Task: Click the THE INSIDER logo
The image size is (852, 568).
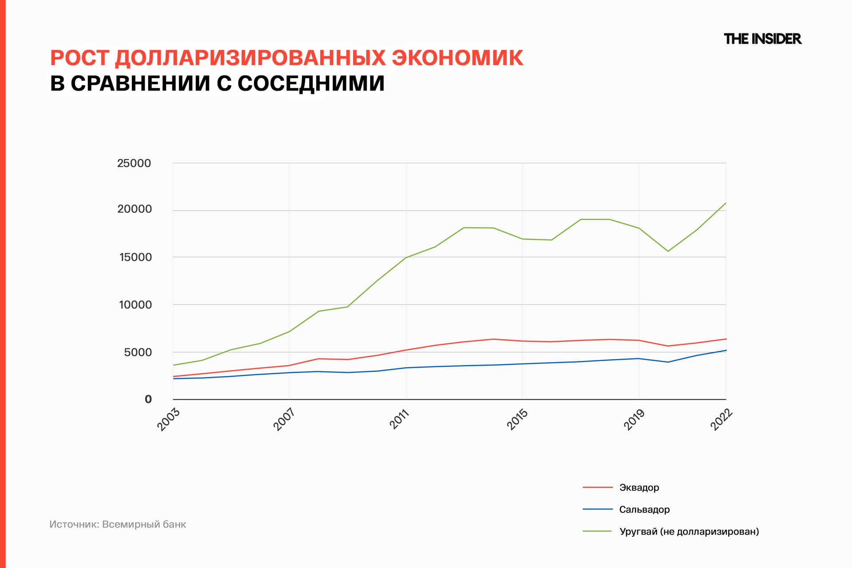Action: (x=762, y=39)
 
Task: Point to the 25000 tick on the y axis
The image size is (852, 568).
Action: (x=134, y=163)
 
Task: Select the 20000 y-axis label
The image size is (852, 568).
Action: (x=134, y=209)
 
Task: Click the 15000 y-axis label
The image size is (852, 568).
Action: (x=135, y=257)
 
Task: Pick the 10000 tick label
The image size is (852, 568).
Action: (x=135, y=305)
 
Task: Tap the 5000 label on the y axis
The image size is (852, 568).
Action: (x=138, y=352)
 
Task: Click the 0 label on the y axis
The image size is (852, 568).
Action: (x=148, y=399)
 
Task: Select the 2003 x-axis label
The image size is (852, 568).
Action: (x=169, y=419)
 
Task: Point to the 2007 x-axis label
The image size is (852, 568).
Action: (x=284, y=419)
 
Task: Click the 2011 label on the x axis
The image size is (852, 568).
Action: (x=400, y=419)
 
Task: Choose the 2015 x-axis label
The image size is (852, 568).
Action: (x=517, y=419)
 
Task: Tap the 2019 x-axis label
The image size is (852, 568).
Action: (x=634, y=419)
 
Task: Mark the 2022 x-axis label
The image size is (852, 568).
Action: (x=721, y=419)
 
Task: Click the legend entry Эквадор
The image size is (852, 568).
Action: (x=639, y=487)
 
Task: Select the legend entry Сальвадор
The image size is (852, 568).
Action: (x=644, y=509)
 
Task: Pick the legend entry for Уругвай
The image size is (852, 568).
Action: (x=689, y=531)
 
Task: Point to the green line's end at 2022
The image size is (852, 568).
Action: (x=726, y=203)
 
